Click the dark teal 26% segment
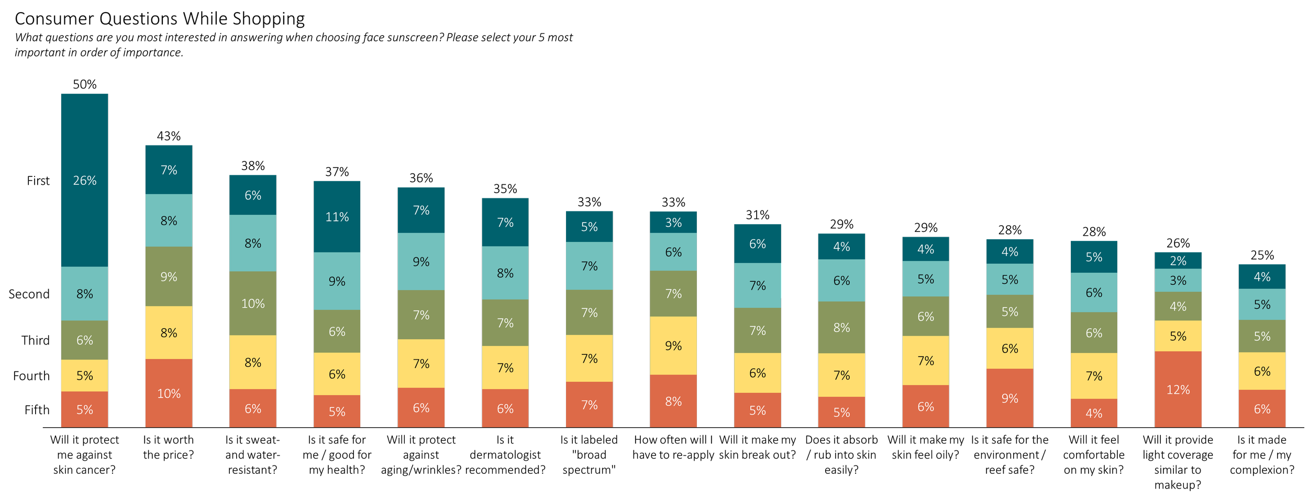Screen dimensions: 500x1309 (85, 180)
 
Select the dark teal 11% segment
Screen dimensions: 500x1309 (337, 217)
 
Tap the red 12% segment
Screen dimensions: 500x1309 (1178, 390)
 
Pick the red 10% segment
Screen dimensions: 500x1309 (169, 393)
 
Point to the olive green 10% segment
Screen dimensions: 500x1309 (253, 304)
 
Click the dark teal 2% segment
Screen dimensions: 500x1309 (1178, 261)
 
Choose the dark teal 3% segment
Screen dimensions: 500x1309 (673, 223)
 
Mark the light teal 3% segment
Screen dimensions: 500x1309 (1178, 281)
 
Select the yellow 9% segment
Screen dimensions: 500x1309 (673, 346)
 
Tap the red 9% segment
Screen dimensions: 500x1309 (1010, 398)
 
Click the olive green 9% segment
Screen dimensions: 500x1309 (169, 276)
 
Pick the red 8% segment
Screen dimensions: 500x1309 (673, 402)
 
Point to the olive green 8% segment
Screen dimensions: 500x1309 (841, 328)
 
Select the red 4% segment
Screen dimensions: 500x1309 (1094, 413)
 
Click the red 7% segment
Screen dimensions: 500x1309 (589, 405)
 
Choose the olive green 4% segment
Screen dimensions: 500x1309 (1178, 306)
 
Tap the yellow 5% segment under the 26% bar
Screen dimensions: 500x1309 (85, 375)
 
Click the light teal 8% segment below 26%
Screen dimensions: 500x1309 (85, 294)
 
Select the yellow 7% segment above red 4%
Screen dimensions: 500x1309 (1094, 376)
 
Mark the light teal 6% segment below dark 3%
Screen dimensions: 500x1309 (673, 252)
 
